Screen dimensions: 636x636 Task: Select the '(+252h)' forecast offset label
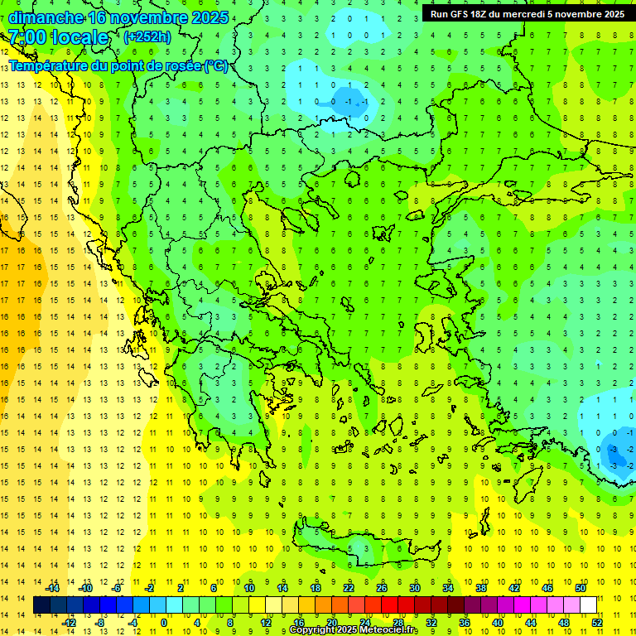click(147, 36)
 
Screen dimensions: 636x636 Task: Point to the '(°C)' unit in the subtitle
click(216, 65)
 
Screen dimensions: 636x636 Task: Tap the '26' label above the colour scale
click(382, 588)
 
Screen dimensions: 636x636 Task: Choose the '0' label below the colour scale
click(164, 623)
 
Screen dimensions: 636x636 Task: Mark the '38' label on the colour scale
click(481, 588)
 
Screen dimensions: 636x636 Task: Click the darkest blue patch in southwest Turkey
click(616, 451)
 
